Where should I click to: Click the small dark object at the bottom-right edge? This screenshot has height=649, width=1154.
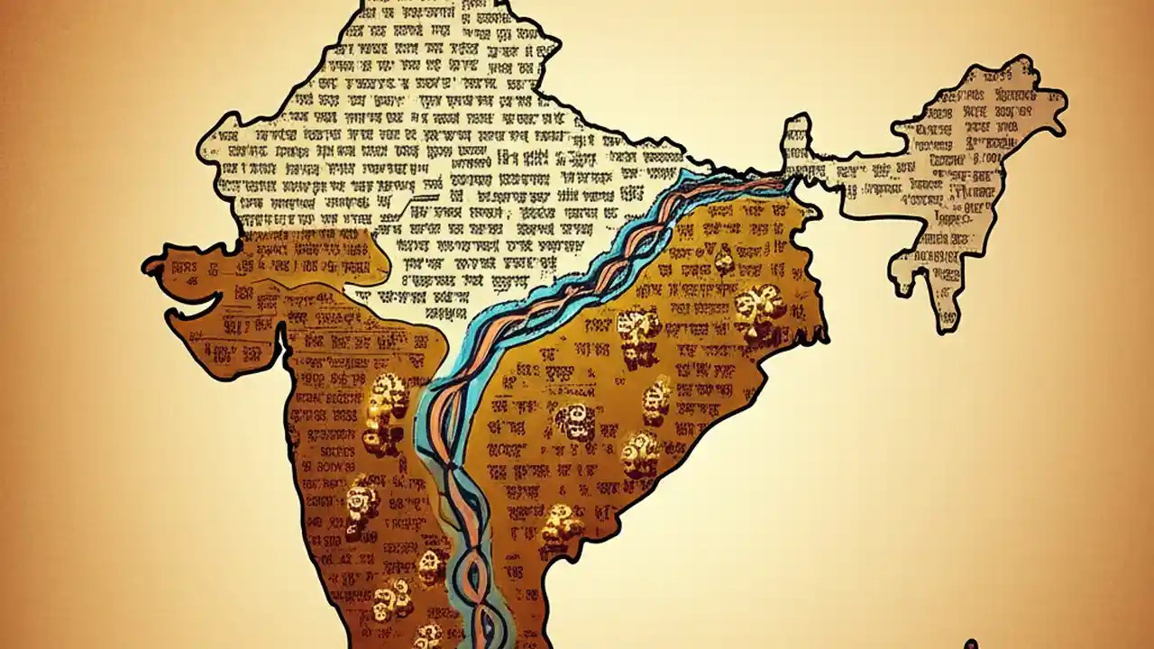point(971,644)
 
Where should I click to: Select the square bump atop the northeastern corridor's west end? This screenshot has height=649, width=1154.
point(795,131)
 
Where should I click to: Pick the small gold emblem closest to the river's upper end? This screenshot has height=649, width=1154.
point(723,261)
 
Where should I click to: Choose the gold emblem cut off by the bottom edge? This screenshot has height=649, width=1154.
point(427,636)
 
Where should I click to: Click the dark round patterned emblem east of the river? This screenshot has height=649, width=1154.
point(573,420)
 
